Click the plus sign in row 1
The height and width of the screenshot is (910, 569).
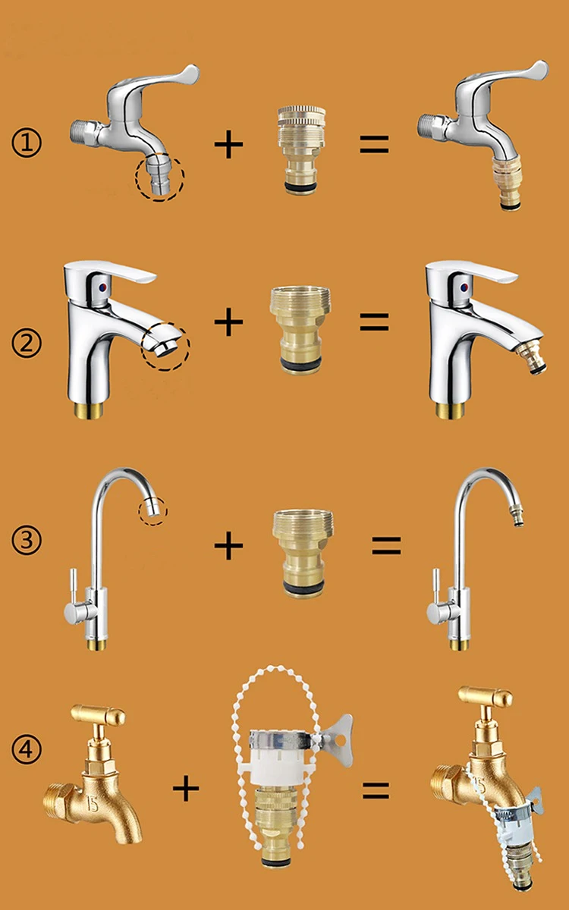click(x=228, y=144)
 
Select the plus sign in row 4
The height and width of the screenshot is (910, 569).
click(x=185, y=789)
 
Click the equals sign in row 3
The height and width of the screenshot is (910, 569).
click(x=385, y=544)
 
